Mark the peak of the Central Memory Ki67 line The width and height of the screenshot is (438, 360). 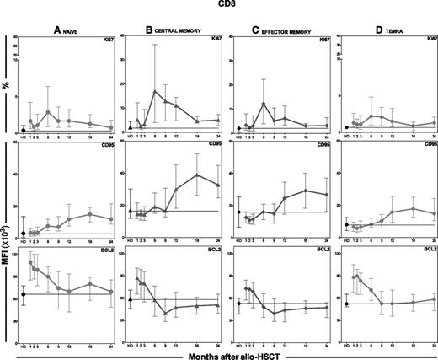coord(155,91)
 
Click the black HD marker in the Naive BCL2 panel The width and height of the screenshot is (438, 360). coord(23,294)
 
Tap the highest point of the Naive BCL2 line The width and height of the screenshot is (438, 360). coord(31,262)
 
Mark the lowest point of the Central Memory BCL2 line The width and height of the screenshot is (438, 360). coord(165,313)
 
